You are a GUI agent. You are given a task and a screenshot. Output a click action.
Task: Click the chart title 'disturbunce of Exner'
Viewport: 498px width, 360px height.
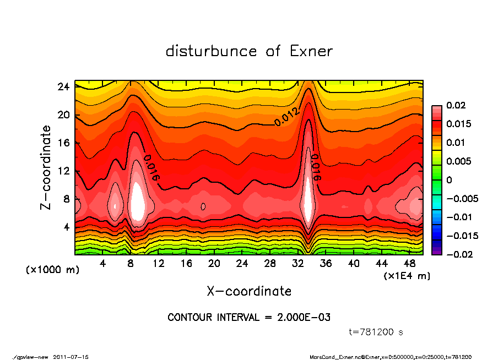pos(249,51)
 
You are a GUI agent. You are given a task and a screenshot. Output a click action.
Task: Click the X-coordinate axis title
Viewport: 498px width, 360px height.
pos(249,291)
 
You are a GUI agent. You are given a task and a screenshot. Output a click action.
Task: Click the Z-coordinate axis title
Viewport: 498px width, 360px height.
pos(46,167)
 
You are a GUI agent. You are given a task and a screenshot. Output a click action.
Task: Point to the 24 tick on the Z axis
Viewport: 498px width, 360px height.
pos(64,87)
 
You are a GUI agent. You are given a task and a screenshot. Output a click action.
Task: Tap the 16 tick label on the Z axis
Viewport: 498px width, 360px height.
pos(64,143)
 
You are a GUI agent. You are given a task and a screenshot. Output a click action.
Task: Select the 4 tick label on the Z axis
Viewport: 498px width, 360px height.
pos(67,227)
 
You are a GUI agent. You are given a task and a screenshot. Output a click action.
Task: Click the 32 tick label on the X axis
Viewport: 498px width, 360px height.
pos(297,264)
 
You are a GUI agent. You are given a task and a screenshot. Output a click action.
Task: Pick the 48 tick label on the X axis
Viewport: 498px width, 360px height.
pos(409,264)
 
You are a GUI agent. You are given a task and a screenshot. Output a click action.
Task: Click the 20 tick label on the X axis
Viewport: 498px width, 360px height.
pos(214,264)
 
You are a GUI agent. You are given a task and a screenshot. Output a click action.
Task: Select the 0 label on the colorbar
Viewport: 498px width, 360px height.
pos(449,180)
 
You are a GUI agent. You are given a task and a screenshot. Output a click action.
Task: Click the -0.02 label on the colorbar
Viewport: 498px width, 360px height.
pos(458,254)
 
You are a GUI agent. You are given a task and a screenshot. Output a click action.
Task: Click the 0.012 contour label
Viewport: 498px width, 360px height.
pos(286,117)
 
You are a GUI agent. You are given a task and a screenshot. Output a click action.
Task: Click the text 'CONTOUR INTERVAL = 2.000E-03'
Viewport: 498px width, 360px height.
pos(249,318)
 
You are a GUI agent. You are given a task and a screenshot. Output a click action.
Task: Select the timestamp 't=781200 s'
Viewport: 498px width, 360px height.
pos(377,332)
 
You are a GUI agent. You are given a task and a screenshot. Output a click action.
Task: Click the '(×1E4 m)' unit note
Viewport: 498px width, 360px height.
pos(407,275)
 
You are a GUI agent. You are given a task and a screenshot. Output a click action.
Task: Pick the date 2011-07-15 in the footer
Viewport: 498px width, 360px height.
pos(71,357)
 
